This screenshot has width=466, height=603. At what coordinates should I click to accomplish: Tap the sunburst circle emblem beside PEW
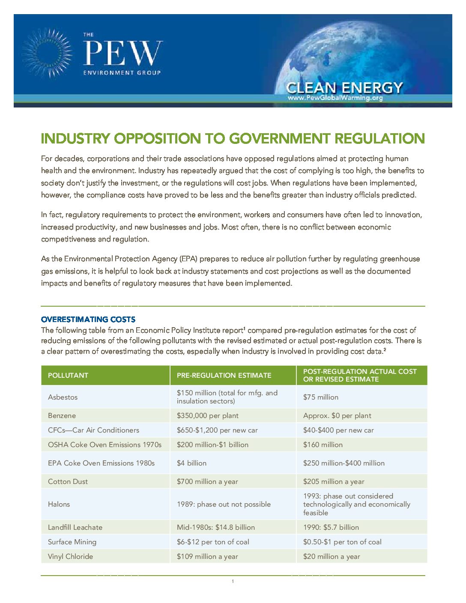pyautogui.click(x=47, y=53)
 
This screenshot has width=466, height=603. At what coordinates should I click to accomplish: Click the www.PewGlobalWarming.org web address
pyautogui.click(x=335, y=98)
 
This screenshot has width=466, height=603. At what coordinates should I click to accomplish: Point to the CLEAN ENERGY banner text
pyautogui.click(x=344, y=87)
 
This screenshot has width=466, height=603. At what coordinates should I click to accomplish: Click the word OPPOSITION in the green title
pyautogui.click(x=157, y=139)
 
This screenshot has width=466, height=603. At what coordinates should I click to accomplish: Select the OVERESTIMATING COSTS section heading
pyautogui.click(x=88, y=319)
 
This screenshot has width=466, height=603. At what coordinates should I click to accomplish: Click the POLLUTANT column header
pyautogui.click(x=68, y=376)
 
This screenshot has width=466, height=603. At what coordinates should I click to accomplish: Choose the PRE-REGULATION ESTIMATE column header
pyautogui.click(x=224, y=376)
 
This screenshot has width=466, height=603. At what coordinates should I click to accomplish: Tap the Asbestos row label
pyautogui.click(x=63, y=397)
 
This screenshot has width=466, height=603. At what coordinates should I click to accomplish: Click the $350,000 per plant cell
pyautogui.click(x=208, y=416)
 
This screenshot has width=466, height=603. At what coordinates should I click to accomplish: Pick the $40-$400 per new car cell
pyautogui.click(x=338, y=430)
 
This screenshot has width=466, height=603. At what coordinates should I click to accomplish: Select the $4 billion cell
pyautogui.click(x=191, y=463)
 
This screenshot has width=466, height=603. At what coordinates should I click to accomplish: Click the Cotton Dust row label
pyautogui.click(x=68, y=482)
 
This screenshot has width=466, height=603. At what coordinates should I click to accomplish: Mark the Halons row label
pyautogui.click(x=59, y=504)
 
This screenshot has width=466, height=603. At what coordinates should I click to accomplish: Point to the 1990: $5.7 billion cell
pyautogui.click(x=331, y=528)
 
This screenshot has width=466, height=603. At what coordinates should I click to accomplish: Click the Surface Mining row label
pyautogui.click(x=72, y=542)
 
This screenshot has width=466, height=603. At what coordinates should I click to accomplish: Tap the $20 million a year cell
pyautogui.click(x=332, y=557)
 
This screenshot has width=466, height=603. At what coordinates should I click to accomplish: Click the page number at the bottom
pyautogui.click(x=233, y=582)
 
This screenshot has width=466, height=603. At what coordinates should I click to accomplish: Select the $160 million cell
pyautogui.click(x=323, y=445)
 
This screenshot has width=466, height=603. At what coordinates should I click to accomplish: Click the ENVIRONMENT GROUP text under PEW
pyautogui.click(x=122, y=73)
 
